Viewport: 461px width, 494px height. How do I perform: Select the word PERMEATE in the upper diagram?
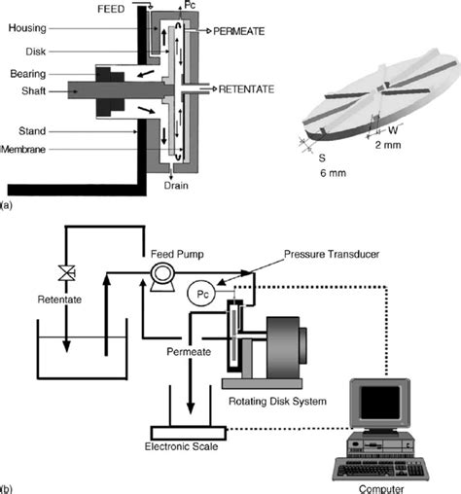(256, 31)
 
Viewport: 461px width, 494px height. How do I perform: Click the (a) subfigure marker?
(8, 207)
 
